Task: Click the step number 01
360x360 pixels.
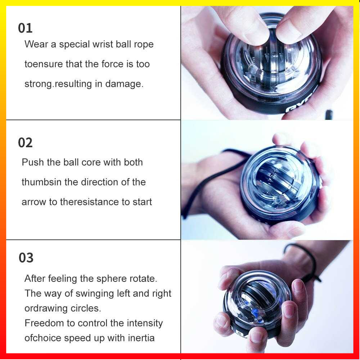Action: point(25,28)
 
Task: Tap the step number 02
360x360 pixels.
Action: point(25,143)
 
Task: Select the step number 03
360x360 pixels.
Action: point(26,258)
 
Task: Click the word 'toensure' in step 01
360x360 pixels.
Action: point(44,64)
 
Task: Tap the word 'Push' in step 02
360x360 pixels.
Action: point(33,162)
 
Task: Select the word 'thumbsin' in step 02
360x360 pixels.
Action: point(41,182)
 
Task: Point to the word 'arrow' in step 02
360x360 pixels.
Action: point(34,202)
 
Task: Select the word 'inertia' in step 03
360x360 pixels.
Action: point(141,338)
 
